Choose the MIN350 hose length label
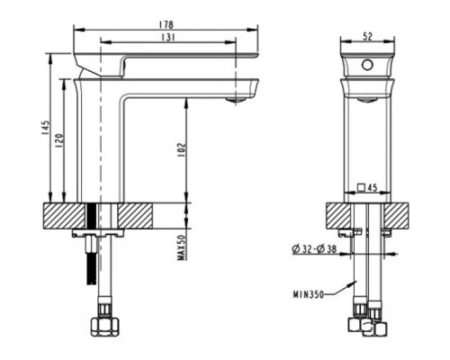(x=306, y=292)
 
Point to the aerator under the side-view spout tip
(x=238, y=102)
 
